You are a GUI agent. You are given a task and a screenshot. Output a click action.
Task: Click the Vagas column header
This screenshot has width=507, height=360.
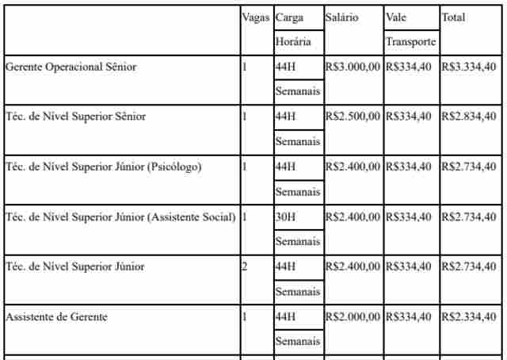pos(256,17)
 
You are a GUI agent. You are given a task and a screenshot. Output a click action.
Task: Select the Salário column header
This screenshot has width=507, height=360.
pos(341,17)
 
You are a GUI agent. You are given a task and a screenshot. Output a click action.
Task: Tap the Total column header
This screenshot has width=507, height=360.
pos(453,17)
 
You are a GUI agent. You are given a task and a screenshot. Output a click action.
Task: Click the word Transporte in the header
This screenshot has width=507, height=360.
pos(410,42)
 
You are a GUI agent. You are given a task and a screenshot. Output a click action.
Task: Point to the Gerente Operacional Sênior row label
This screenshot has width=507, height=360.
pos(71,67)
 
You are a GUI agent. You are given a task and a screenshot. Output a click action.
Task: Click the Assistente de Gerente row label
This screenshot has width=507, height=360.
pos(56,316)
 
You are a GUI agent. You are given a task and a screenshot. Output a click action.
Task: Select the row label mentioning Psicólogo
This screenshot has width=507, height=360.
pos(104,167)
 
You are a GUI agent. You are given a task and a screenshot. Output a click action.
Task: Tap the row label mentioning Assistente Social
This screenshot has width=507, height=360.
pos(120,216)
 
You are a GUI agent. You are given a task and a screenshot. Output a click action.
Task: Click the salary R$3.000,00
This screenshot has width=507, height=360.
pos(353,67)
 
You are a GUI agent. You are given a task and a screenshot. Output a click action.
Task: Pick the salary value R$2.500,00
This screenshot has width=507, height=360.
pos(353,117)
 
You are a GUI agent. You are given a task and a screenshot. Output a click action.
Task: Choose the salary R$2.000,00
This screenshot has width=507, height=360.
pos(353,316)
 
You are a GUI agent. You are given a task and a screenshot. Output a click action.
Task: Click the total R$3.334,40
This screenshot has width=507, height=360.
pos(469,67)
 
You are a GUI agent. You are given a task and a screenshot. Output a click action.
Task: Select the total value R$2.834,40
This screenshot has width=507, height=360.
pos(469,117)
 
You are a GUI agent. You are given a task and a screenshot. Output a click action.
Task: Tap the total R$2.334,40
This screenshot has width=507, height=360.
pos(469,316)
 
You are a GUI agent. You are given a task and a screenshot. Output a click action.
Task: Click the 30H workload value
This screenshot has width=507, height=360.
pos(285,216)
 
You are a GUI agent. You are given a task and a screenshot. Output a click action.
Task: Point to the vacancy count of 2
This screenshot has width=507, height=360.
pos(245,266)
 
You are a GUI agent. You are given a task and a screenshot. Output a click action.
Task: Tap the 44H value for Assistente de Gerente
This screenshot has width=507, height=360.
pos(285,316)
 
